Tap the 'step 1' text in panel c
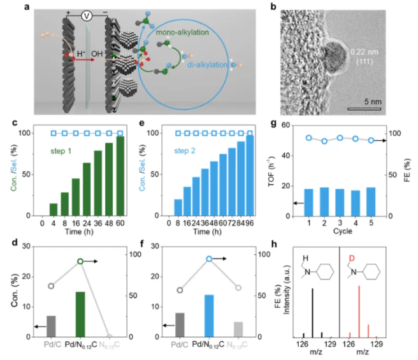point(69,152)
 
